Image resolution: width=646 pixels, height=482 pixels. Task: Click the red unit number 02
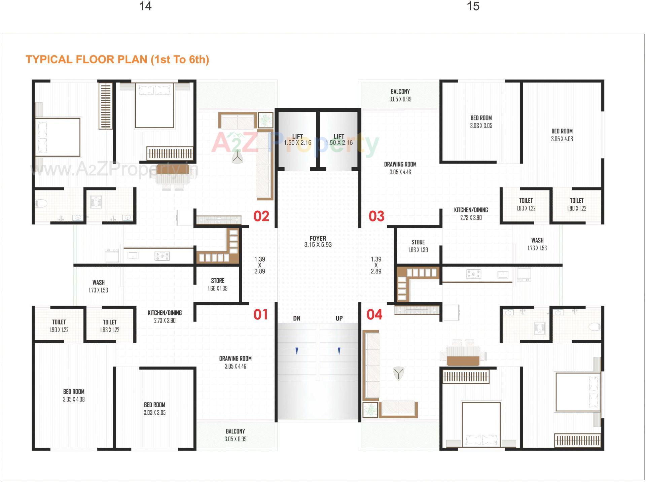[x=261, y=216]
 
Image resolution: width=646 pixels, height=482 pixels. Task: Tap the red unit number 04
[x=374, y=314]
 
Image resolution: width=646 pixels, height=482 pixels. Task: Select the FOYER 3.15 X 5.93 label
[x=318, y=242]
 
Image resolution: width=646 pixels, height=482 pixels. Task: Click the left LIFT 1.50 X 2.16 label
[x=297, y=140]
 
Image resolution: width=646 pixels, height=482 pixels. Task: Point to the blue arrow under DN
[x=296, y=351]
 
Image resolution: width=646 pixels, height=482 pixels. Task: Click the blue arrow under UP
[x=339, y=351]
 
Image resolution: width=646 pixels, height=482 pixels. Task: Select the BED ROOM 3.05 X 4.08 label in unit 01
[x=74, y=395]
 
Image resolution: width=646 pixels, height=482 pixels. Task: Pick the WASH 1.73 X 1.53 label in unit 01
[x=99, y=286]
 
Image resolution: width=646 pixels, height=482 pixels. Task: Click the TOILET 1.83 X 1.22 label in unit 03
[x=526, y=204]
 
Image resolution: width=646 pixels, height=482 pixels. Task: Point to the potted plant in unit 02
[x=265, y=120]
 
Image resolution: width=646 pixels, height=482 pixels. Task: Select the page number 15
[x=473, y=6]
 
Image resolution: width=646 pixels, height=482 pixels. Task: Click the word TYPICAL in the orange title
[x=49, y=60]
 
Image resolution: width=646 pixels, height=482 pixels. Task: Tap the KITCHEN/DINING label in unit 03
[x=471, y=214]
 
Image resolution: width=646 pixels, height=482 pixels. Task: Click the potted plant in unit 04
[x=370, y=410]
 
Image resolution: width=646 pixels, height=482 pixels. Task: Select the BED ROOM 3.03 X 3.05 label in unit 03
[x=481, y=122]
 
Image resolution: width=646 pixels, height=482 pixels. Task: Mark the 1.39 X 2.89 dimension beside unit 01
[x=259, y=265]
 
